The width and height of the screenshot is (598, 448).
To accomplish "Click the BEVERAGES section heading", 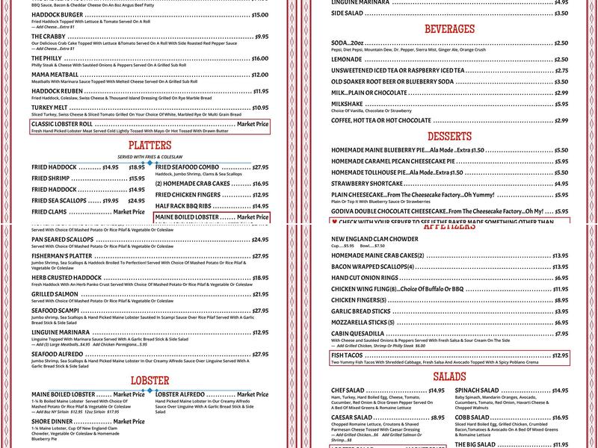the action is [x=449, y=29].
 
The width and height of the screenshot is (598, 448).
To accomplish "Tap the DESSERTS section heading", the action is [x=449, y=137].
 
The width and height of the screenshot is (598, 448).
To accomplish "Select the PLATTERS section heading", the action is [x=149, y=145].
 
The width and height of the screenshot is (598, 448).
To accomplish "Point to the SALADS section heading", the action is [x=449, y=376].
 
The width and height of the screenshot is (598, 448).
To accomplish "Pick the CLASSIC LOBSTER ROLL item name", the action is [x=62, y=124].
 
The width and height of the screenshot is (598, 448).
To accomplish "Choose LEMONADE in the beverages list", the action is [x=347, y=59].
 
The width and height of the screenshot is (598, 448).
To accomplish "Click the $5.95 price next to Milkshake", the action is [x=561, y=104].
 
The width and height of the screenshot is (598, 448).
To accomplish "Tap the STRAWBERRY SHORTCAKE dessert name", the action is [x=367, y=183].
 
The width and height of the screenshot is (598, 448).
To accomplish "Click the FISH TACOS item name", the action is [x=348, y=355].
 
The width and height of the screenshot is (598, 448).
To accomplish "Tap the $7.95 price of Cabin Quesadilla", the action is [x=561, y=334].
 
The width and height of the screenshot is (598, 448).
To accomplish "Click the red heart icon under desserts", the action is [x=334, y=222].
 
